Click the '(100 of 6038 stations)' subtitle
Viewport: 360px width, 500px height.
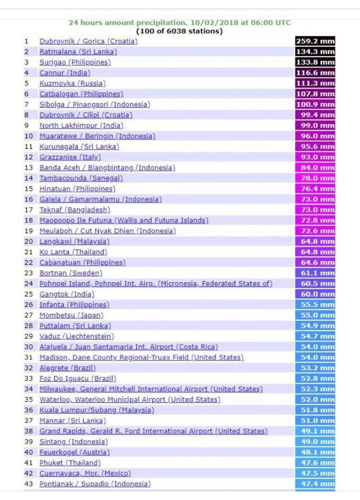point(179,31)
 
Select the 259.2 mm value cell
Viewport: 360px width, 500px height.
point(315,41)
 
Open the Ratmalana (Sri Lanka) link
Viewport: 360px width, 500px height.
point(78,52)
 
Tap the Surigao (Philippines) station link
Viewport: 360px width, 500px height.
point(75,62)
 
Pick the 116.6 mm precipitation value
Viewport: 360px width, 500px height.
point(315,73)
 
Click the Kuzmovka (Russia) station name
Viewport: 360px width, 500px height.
point(72,83)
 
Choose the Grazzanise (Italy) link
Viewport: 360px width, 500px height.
point(70,157)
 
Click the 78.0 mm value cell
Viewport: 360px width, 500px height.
point(315,178)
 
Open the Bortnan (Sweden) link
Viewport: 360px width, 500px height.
point(71,273)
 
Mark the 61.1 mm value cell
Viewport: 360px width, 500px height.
point(315,273)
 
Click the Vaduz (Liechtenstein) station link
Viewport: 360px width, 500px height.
point(77,336)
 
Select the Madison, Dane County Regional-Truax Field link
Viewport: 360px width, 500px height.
point(141,357)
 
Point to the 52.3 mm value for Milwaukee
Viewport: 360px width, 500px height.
point(315,389)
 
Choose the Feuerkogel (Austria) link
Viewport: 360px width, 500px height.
point(75,452)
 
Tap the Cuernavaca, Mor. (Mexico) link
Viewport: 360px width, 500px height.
point(85,473)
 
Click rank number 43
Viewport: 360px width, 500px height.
point(29,484)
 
